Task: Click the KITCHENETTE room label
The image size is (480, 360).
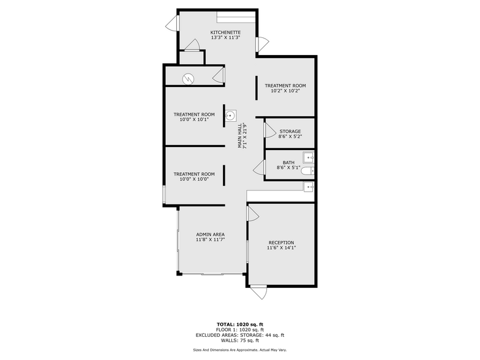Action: tap(225, 32)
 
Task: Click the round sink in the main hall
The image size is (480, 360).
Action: tap(231, 115)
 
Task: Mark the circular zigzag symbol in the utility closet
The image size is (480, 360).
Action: tap(189, 78)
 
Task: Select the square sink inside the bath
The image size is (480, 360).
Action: tap(309, 157)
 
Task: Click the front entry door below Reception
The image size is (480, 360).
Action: tap(258, 293)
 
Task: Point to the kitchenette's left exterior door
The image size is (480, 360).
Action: tap(172, 23)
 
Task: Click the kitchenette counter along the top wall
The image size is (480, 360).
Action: tap(235, 17)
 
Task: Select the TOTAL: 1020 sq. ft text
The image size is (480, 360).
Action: tap(239, 324)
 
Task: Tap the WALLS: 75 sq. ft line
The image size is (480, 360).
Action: tap(239, 340)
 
